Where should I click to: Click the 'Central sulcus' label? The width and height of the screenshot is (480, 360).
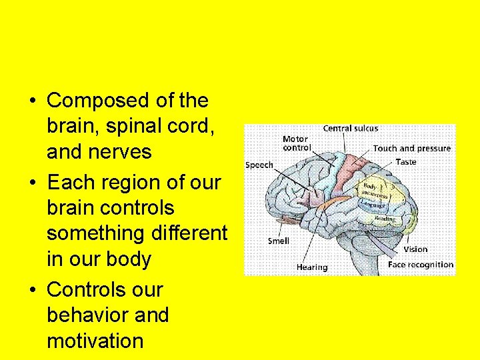(351, 129)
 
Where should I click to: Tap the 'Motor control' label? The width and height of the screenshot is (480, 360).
(295, 143)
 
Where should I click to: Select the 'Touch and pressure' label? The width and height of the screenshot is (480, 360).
(411, 149)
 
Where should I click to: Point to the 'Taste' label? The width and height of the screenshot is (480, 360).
(406, 162)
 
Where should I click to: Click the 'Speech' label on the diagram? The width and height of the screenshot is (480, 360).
(259, 165)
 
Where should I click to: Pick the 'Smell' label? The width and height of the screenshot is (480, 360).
(278, 241)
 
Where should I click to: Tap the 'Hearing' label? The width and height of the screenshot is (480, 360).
(312, 267)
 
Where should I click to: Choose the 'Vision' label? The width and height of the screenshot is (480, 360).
(415, 249)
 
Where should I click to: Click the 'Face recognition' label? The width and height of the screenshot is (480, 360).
(421, 265)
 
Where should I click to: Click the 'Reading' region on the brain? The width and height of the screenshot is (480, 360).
(384, 219)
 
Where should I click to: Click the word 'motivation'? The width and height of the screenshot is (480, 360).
(95, 341)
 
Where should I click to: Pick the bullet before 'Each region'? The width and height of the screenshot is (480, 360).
(33, 183)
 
